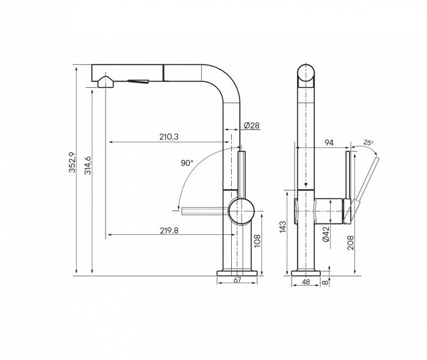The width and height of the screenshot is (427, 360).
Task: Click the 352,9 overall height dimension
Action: click(72, 162)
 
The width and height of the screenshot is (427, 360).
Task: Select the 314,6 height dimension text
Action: click(88, 165)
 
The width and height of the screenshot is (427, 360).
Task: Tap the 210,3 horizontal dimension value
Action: click(169, 137)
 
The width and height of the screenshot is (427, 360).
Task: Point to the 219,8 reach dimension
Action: click(169, 231)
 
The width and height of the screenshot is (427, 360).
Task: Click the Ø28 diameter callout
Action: click(252, 126)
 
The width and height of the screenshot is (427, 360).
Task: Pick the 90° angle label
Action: click(187, 163)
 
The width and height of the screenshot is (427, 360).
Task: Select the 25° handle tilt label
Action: click(368, 142)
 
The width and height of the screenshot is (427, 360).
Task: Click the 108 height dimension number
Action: click(257, 241)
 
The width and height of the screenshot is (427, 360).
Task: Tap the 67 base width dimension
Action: click(237, 280)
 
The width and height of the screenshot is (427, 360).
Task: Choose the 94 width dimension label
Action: click(329, 142)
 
